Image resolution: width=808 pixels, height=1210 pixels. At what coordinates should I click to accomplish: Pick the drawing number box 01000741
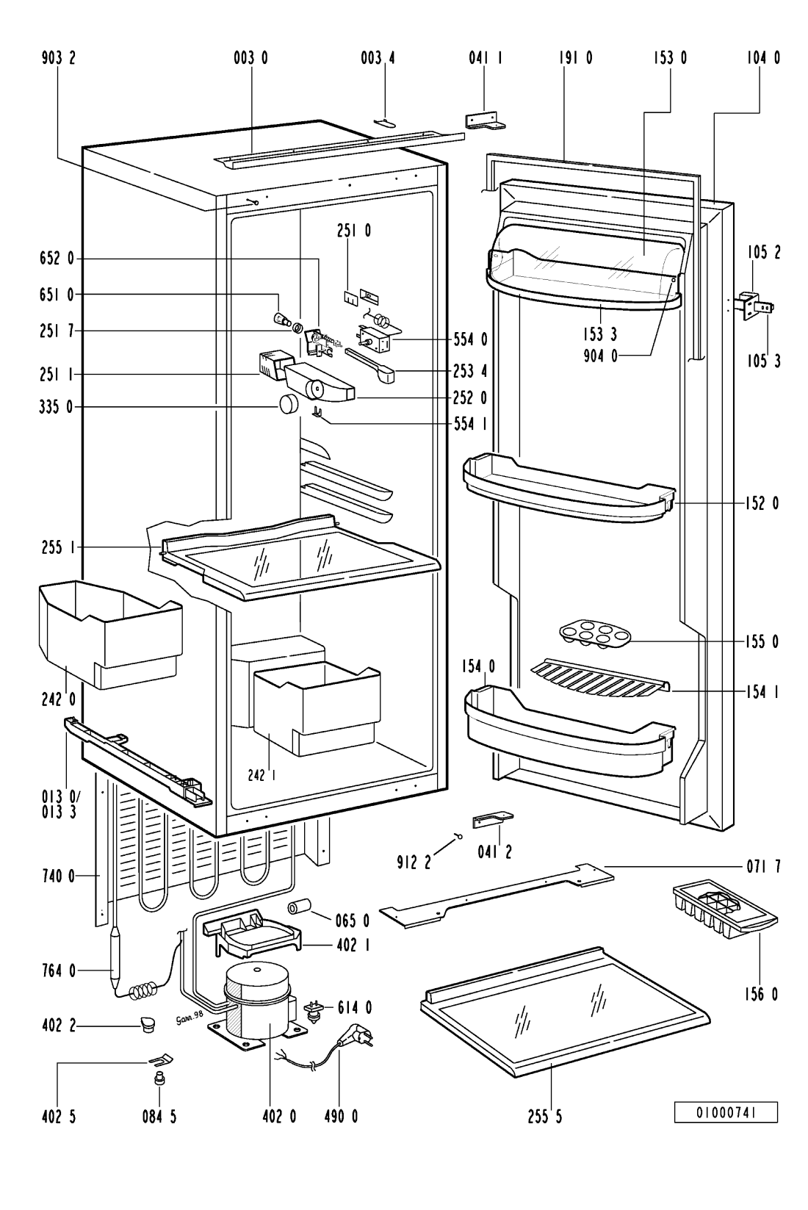[x=726, y=1114]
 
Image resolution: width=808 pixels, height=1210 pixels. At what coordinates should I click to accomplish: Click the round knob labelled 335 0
[x=289, y=405]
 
